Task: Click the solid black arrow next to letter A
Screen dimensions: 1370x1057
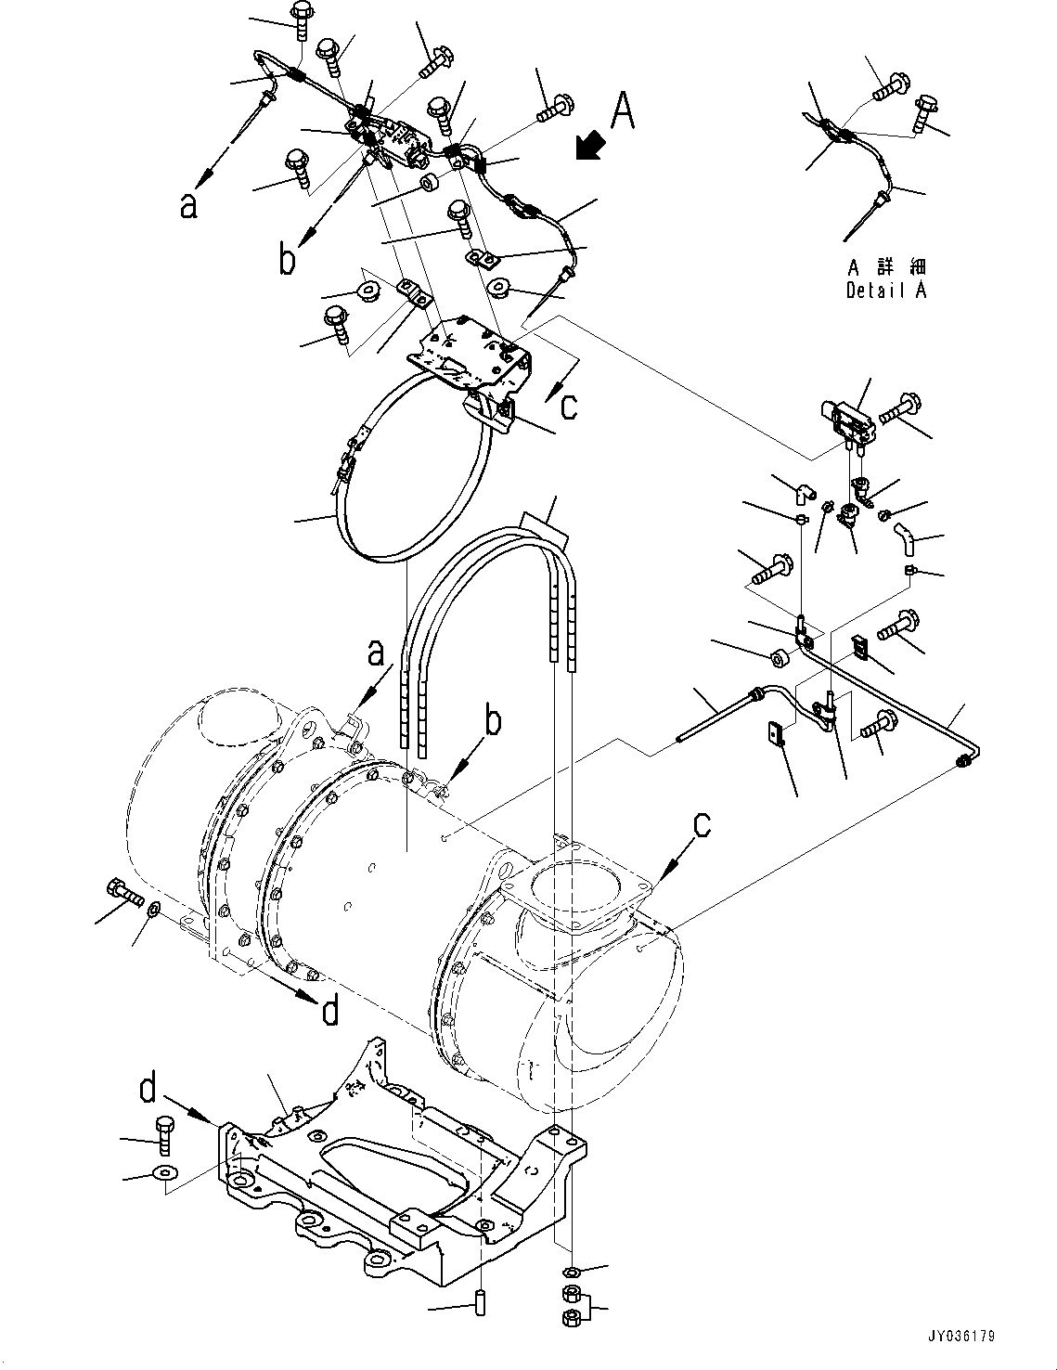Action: click(588, 147)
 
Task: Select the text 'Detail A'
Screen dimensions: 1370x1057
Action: click(885, 291)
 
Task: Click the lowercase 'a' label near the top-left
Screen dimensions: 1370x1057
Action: click(189, 206)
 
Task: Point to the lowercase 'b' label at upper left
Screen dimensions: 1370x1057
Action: click(289, 260)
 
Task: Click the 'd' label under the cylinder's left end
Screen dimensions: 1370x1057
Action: click(330, 1011)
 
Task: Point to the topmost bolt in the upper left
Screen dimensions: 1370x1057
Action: click(303, 19)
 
